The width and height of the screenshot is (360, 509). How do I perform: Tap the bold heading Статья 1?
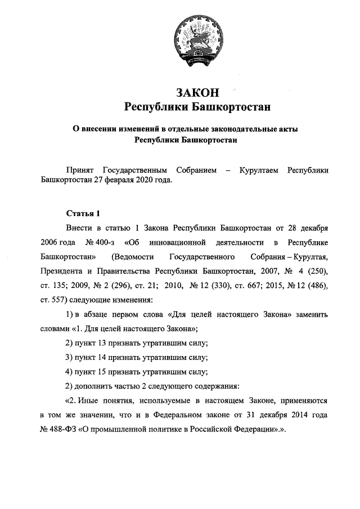tap(83, 213)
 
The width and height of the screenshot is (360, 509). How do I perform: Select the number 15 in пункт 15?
tap(103, 371)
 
